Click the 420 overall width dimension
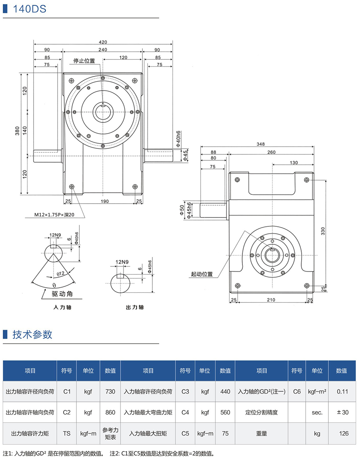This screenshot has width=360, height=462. pos(103,42)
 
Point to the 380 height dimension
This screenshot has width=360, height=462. pos(18,132)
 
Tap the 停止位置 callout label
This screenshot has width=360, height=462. pos(84,61)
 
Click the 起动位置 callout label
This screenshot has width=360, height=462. pos(202,274)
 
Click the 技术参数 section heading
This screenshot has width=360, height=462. pos(32,334)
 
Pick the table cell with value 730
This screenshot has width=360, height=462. pos(110,392)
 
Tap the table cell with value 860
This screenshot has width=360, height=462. pos(110,412)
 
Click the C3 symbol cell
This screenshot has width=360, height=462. pos(185,392)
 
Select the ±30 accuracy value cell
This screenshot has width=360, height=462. pos(341,412)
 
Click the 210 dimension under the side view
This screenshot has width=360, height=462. pos(270,300)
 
